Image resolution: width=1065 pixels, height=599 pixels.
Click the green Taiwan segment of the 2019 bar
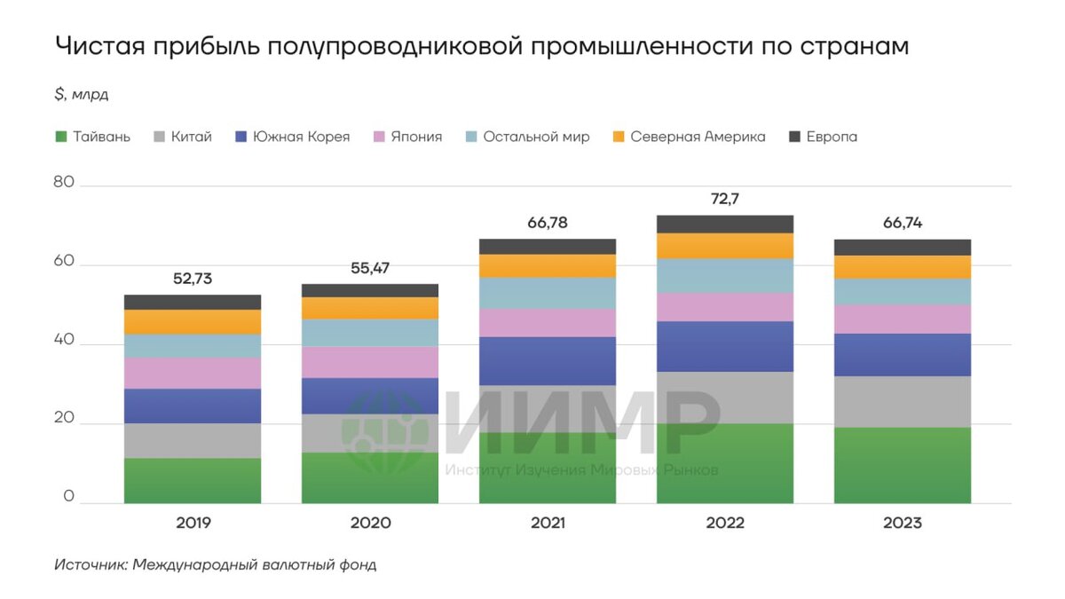tap(193, 480)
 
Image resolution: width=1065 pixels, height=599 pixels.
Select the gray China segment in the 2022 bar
tap(725, 397)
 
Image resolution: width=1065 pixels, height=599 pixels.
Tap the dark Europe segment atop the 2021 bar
tap(548, 246)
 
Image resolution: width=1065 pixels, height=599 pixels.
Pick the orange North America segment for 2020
tap(370, 307)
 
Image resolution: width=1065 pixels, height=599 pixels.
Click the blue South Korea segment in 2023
tap(903, 354)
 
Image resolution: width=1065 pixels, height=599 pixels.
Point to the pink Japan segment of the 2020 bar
tap(370, 361)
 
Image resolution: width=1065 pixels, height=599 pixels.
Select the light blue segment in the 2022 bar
tap(725, 275)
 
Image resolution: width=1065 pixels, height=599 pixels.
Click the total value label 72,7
tap(725, 199)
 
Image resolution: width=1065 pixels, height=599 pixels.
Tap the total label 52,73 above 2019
tap(193, 279)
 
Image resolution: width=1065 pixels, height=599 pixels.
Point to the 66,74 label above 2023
tap(903, 223)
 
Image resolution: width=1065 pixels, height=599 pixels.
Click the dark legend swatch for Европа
tap(794, 137)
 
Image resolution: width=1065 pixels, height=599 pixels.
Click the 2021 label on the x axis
tap(548, 523)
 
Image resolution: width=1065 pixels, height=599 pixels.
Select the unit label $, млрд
tap(81, 94)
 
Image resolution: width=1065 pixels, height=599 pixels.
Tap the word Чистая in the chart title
tap(93, 46)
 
